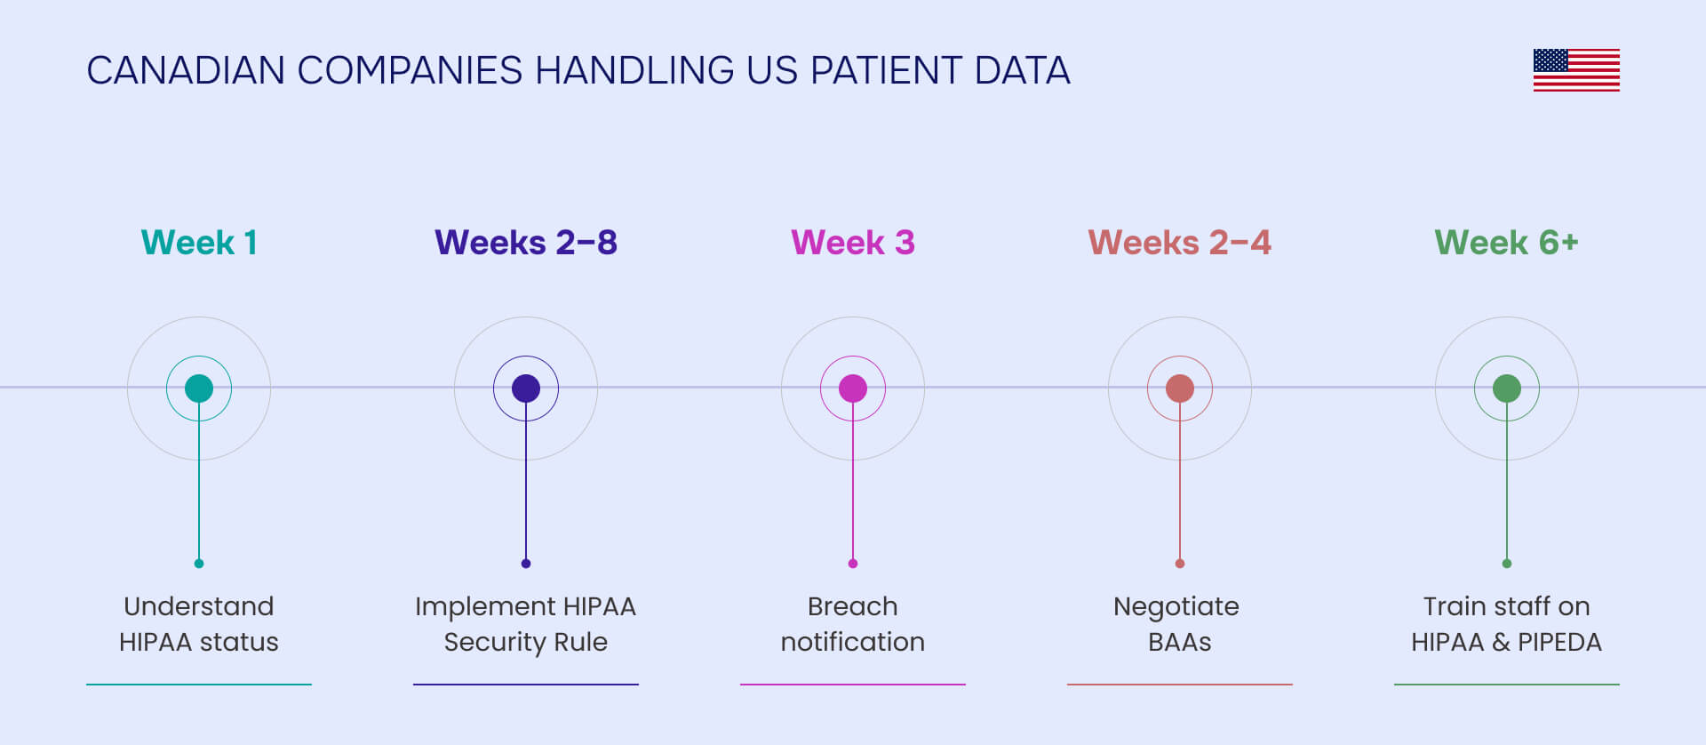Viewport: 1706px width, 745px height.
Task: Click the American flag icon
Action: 1576,70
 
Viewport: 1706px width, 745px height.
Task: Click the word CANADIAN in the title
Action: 186,71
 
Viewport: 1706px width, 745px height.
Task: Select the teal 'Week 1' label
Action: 199,243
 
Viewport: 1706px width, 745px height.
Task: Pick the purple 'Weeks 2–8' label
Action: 526,243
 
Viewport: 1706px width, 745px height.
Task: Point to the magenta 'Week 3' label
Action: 853,243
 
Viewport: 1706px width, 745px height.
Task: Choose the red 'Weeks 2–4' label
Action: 1180,243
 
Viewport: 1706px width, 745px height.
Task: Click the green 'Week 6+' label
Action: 1507,243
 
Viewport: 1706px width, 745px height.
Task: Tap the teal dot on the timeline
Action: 199,389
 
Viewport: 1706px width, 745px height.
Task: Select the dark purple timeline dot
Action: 526,389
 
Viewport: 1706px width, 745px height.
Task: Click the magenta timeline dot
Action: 853,389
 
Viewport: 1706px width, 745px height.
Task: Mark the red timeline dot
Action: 1180,389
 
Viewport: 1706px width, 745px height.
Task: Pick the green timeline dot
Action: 1507,389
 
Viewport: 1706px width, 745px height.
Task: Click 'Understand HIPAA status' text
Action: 199,624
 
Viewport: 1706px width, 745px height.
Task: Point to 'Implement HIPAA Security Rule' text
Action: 526,624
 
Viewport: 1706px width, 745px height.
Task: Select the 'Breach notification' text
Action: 853,624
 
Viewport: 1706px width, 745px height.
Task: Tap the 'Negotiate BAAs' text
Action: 1178,624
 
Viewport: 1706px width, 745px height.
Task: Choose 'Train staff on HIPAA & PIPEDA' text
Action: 1507,624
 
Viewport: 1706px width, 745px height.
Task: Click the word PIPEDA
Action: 1559,643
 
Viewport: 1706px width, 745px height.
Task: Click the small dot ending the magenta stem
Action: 853,564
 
